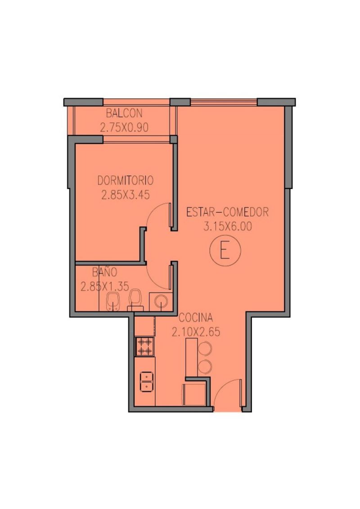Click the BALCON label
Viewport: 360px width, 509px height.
coord(124,113)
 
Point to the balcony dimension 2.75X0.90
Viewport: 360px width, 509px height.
coord(124,127)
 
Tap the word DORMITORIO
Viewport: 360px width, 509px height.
coord(125,180)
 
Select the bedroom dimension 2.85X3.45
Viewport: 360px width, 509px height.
coord(125,195)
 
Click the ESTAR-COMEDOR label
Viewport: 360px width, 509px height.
coord(227,212)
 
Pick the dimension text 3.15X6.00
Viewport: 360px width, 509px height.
coord(227,226)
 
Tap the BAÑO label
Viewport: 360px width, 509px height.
coord(104,271)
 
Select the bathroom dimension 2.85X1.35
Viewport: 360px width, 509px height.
coord(104,286)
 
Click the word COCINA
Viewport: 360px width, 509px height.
coord(196,317)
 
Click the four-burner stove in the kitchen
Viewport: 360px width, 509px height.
coord(144,347)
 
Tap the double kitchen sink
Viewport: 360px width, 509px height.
coord(146,382)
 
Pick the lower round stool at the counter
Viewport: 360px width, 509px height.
coord(205,367)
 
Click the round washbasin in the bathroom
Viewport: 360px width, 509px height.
coord(161,302)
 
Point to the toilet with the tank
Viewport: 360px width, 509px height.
coord(135,300)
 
